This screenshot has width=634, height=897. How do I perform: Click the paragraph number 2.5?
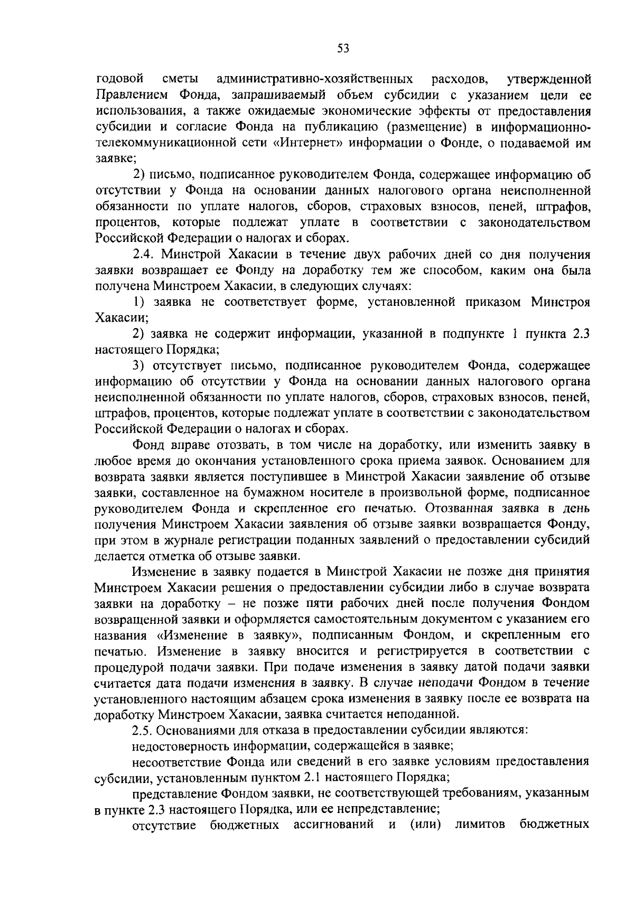[x=142, y=731]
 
